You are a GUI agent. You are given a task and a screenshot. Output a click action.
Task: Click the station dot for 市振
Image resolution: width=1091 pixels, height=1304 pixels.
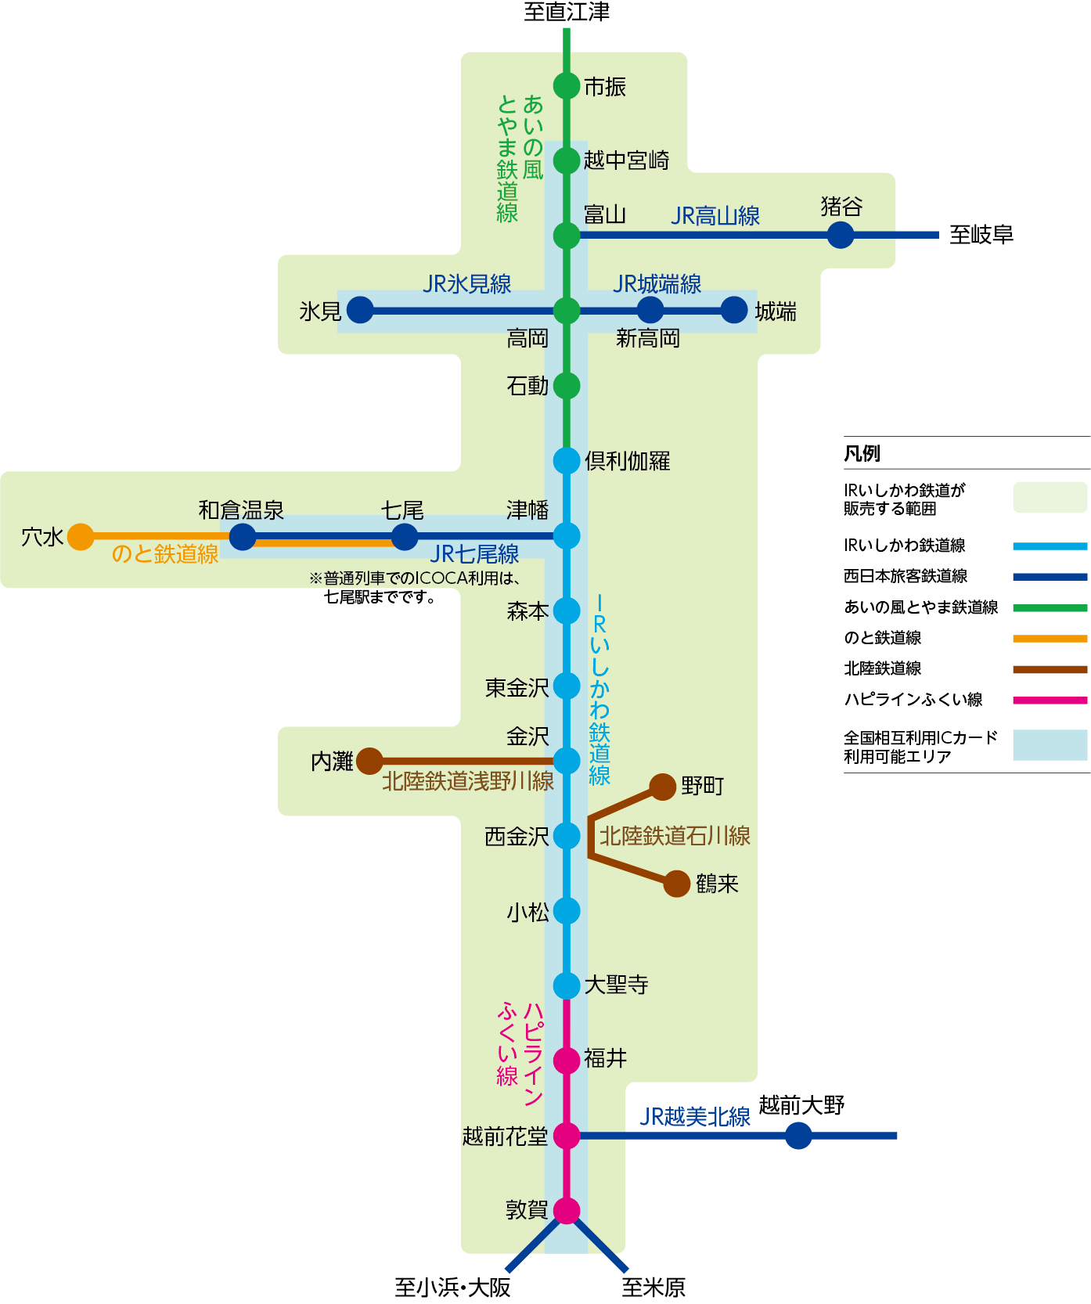[x=566, y=85]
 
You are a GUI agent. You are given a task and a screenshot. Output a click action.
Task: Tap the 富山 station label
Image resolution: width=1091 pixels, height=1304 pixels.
[x=605, y=214]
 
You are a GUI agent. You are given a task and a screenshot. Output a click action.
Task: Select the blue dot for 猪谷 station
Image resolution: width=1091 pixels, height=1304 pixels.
[x=840, y=235]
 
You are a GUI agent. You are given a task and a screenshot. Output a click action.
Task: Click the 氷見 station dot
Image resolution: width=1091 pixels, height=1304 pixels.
[x=360, y=310]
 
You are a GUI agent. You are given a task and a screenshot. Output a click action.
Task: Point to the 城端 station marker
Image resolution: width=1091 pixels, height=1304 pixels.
[x=733, y=310]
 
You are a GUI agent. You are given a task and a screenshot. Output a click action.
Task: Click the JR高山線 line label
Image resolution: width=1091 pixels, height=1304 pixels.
[x=715, y=216]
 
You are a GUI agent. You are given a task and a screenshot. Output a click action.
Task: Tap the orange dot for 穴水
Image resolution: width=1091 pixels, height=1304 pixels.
[x=81, y=537]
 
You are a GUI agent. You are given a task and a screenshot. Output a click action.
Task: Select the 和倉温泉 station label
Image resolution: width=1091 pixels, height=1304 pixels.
[x=241, y=510]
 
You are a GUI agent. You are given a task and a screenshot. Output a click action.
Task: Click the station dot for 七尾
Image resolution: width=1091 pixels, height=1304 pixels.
[x=404, y=537]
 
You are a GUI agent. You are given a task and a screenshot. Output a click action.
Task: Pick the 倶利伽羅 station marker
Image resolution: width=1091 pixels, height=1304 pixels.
[x=566, y=460]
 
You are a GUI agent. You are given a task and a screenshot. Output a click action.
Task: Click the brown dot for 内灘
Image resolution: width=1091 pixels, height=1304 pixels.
[x=369, y=760]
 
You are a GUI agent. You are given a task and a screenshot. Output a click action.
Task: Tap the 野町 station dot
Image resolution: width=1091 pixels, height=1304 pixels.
[x=663, y=787]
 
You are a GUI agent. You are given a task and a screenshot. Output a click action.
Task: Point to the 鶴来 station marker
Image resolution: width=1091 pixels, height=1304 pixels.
[x=677, y=884]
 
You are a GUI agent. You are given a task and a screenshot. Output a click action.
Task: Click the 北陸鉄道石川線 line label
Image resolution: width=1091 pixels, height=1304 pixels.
[x=675, y=836]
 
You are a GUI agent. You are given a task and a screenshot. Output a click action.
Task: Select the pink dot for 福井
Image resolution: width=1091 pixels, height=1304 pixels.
[x=566, y=1061]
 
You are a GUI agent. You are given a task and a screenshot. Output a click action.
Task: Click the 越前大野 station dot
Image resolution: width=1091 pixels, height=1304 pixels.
[x=798, y=1135]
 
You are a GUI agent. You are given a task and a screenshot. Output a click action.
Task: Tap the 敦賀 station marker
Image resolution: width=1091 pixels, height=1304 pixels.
[x=566, y=1210]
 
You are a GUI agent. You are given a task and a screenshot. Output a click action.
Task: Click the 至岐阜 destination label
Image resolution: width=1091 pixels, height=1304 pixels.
[x=981, y=235]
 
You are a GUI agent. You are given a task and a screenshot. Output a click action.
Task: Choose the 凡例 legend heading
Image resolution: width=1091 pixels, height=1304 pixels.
[x=862, y=454]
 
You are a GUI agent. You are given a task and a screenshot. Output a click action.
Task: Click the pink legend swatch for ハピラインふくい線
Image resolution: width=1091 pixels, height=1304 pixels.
[x=1050, y=701]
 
